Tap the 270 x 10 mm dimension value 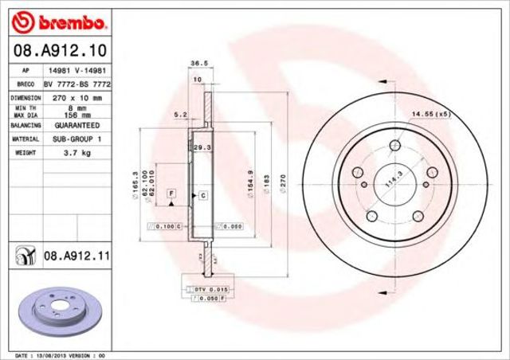(x=76, y=97)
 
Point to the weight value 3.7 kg (x=76, y=152)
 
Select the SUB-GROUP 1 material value (x=76, y=139)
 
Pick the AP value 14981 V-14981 (x=76, y=70)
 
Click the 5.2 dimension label (x=181, y=115)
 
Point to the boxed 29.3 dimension (x=202, y=147)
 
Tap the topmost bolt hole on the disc (x=395, y=146)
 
